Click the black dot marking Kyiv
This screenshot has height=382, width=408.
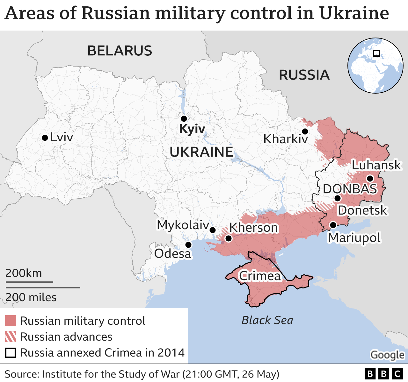(184, 119)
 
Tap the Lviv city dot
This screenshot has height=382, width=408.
(45, 138)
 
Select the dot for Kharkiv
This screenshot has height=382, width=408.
(305, 131)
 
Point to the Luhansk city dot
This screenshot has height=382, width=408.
(370, 178)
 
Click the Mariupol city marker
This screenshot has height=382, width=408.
(333, 225)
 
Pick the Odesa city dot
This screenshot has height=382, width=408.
(188, 245)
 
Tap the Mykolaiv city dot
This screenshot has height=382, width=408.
(213, 230)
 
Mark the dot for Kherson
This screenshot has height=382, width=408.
(228, 238)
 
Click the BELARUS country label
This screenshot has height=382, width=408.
(120, 51)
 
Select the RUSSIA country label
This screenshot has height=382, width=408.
(304, 75)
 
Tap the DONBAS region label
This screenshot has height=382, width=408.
(350, 189)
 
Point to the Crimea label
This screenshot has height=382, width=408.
(260, 276)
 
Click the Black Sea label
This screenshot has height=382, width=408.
(267, 320)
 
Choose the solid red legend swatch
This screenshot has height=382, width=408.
(11, 321)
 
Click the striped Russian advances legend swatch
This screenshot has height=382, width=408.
(11, 337)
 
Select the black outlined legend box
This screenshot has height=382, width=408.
(11, 353)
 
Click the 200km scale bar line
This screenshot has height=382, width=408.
(29, 282)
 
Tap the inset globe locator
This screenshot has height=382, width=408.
(375, 66)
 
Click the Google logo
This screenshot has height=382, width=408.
(387, 355)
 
